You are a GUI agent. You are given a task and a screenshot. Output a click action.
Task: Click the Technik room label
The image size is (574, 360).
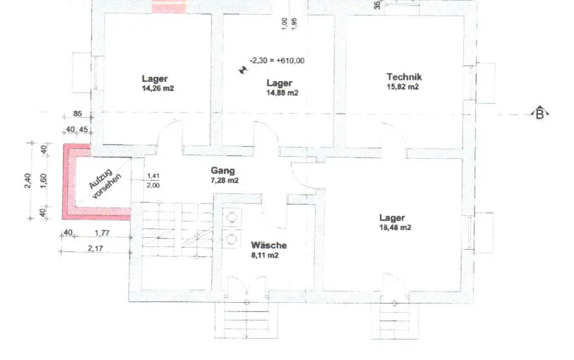404,77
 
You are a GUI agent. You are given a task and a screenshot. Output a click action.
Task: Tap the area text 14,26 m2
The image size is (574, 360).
157,88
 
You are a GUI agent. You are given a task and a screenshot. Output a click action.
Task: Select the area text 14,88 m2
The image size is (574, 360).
282,93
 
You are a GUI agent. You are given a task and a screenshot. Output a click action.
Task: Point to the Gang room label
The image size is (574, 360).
222,171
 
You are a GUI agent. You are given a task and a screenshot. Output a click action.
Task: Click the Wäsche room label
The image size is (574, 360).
269,245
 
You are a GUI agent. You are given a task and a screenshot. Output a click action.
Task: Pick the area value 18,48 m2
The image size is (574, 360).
395,227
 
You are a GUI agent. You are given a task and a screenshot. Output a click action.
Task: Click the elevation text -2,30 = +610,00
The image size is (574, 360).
277,61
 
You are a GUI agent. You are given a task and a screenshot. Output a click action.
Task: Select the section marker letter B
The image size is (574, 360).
539,114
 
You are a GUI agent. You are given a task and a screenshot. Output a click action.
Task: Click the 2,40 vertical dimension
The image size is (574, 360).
28,181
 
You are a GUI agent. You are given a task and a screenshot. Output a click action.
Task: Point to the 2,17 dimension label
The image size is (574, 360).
95,248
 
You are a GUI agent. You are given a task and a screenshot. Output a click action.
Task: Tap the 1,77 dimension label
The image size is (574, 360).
102,233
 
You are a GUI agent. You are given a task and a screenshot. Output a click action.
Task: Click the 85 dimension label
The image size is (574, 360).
78,114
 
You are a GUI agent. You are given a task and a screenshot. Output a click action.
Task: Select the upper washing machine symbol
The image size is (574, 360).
232,217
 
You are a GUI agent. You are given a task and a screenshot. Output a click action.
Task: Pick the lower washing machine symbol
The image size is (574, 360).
232,239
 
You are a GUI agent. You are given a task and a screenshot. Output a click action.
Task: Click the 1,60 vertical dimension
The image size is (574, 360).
43,181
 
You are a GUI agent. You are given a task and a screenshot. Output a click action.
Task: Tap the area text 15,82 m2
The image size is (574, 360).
402,87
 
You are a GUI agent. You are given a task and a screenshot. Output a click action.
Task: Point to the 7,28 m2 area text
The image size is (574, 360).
225,181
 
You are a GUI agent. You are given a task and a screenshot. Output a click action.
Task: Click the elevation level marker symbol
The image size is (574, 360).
243,69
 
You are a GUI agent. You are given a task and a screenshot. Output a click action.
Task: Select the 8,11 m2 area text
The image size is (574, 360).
265,256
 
